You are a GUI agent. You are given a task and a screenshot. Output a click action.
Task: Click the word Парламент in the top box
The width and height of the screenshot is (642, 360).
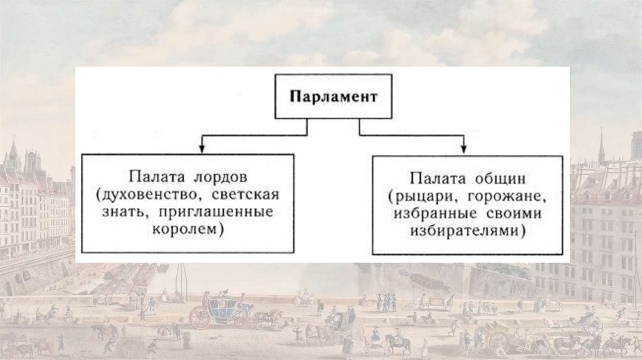coord(333,98)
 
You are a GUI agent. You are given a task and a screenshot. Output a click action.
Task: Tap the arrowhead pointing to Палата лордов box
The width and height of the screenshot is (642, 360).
coord(202,150)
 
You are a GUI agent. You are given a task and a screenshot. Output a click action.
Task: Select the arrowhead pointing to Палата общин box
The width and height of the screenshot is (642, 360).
coord(464,150)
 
